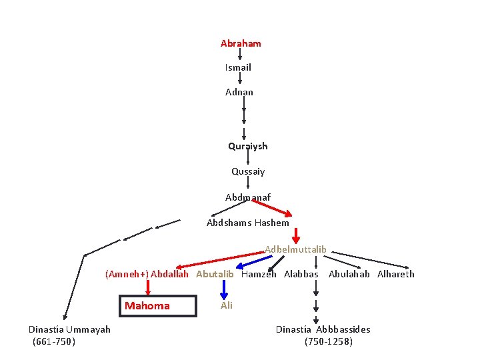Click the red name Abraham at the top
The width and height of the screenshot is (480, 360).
[241, 43]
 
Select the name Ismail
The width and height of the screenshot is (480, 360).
[238, 67]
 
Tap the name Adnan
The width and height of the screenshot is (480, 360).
[239, 92]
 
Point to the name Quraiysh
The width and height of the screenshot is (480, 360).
[247, 146]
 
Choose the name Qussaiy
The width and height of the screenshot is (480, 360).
[248, 171]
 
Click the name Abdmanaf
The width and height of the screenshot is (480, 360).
[248, 197]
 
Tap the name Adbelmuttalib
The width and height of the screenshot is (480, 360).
[295, 249]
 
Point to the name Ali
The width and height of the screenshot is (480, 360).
[227, 305]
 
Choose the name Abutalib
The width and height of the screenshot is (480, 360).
[215, 274]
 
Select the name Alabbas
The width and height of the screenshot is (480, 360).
[301, 274]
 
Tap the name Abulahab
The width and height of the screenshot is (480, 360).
[349, 274]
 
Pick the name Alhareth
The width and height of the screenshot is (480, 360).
[396, 274]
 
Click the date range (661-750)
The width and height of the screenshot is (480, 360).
[54, 341]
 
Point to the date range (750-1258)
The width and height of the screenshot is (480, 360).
[328, 341]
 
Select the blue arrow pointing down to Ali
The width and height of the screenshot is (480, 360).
[224, 289]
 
